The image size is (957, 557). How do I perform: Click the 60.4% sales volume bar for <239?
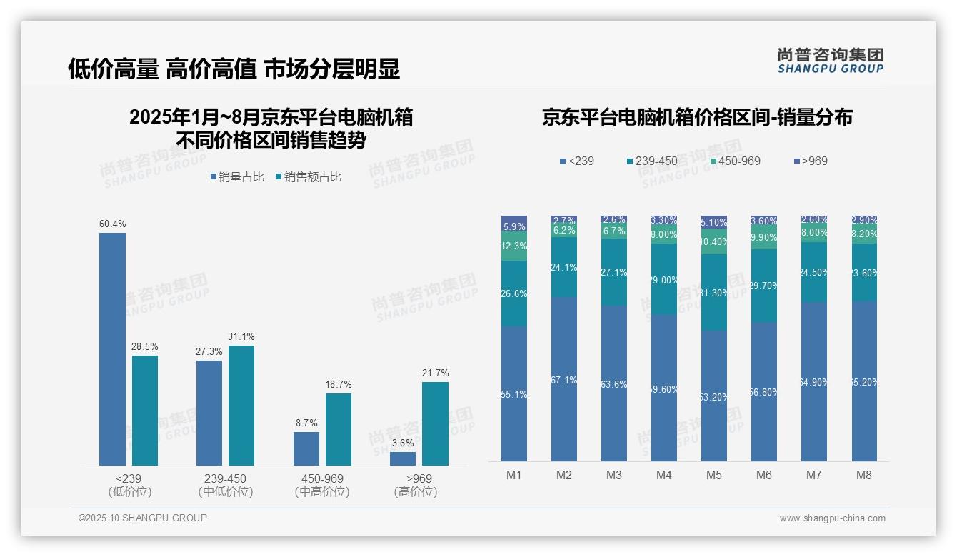point(112,349)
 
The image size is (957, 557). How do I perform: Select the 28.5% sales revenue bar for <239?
point(145,411)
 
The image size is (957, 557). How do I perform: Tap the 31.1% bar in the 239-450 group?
point(241,406)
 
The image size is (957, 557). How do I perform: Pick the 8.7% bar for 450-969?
point(306,448)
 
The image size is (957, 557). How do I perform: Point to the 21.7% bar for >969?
point(435,423)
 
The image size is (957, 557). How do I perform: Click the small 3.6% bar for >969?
point(403,458)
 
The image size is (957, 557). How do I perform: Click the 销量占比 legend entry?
point(241,177)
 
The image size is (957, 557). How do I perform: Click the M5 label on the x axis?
point(714,475)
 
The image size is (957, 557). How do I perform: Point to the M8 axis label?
point(864,475)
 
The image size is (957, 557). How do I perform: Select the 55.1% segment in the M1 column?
point(514,393)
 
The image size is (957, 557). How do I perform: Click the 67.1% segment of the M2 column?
point(564,379)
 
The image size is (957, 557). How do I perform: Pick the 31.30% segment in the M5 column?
point(714,293)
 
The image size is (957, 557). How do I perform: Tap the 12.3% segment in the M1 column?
point(514,246)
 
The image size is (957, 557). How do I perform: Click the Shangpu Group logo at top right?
point(830,61)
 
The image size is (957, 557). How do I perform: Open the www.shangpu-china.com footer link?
point(832,518)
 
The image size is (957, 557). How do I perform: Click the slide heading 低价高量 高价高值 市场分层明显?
point(234,69)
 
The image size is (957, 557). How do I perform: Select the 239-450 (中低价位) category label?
point(226,485)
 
